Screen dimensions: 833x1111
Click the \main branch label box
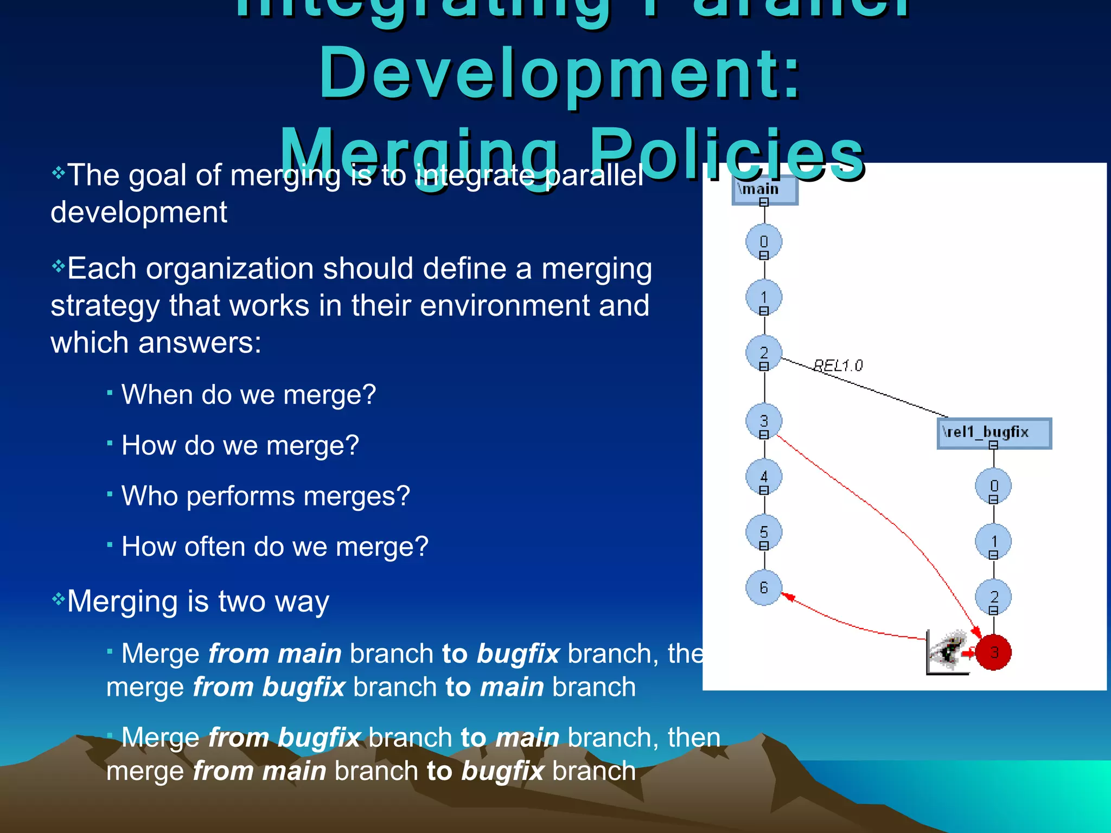(x=764, y=190)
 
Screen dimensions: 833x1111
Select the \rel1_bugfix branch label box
(x=994, y=432)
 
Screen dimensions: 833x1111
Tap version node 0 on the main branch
(x=764, y=242)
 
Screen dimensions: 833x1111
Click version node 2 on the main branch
(x=764, y=353)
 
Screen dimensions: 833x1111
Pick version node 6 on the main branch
(x=764, y=587)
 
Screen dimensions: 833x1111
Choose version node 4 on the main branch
(x=764, y=477)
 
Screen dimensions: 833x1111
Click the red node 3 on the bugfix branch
(x=993, y=652)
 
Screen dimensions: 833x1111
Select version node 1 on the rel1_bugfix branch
(x=993, y=541)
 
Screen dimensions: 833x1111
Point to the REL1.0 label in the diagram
(x=838, y=366)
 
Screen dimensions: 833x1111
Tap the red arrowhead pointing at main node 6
(x=788, y=597)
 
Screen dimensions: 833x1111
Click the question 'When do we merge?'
(x=248, y=395)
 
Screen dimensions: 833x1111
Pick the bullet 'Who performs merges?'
(x=265, y=496)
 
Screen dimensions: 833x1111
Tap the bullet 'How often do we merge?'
(x=274, y=547)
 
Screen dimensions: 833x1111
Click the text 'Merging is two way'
(x=198, y=601)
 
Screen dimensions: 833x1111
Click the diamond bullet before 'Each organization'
(x=58, y=266)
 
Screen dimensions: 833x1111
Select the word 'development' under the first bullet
(x=139, y=212)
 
